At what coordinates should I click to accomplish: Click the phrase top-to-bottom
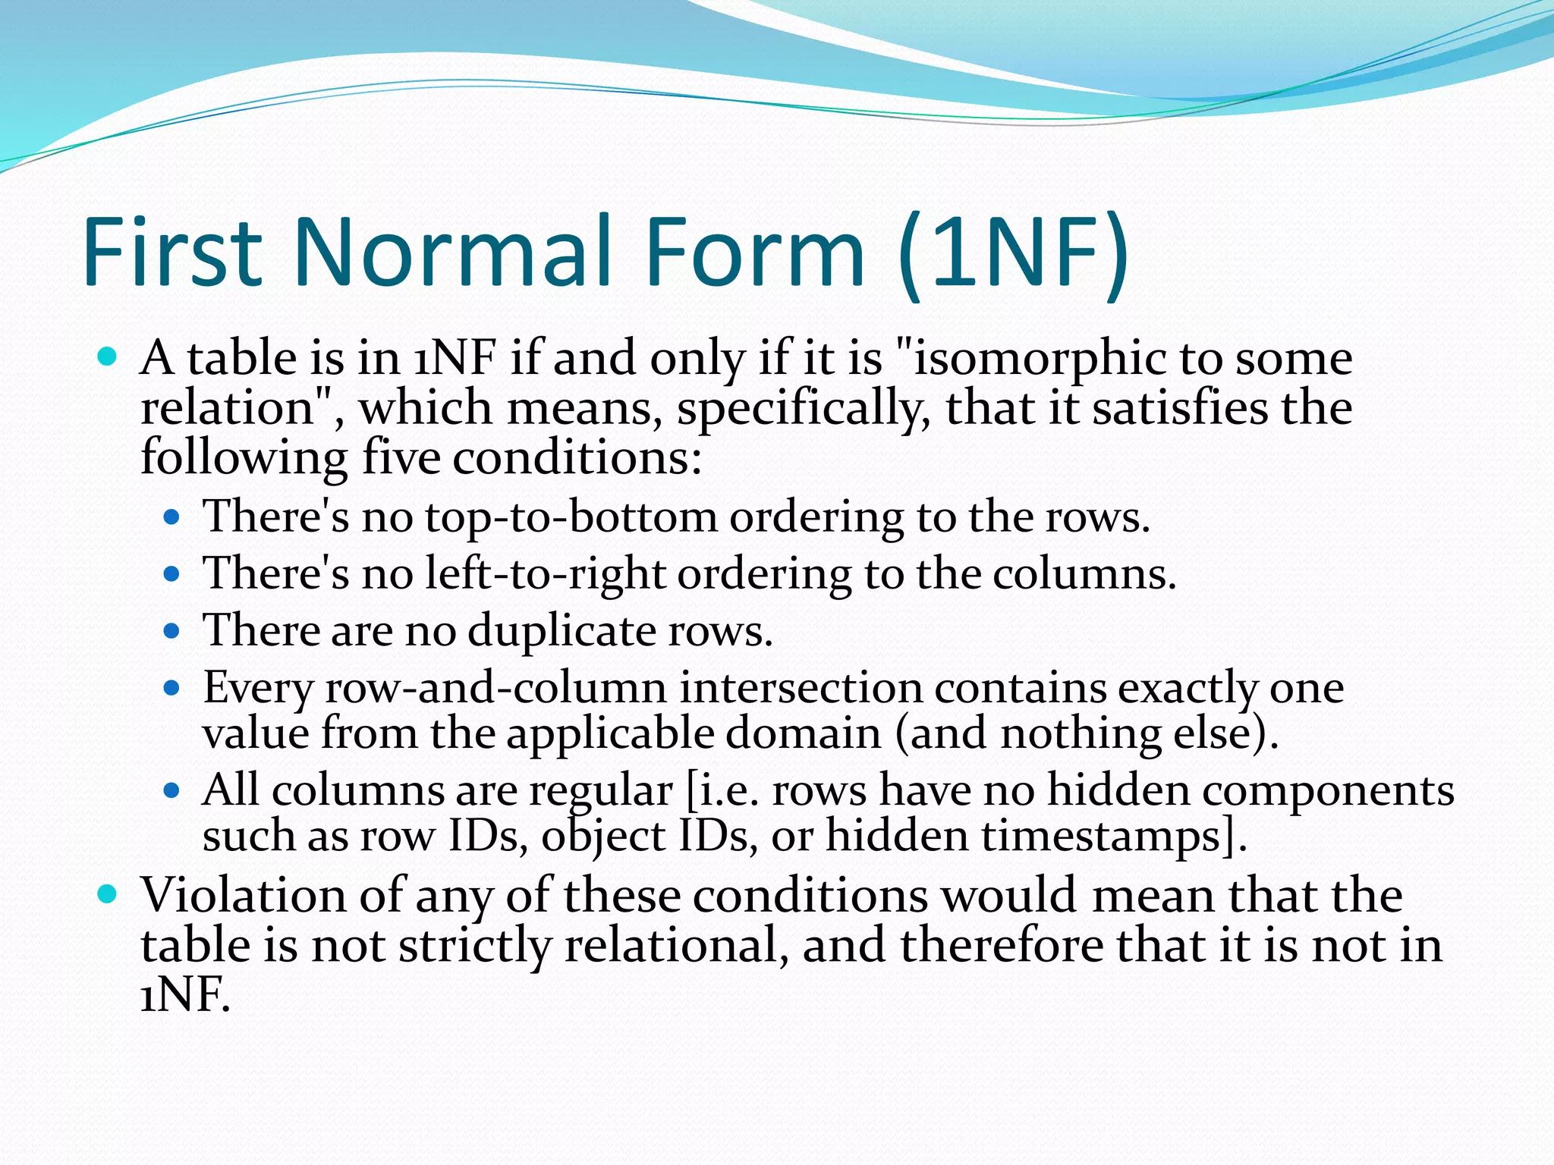pyautogui.click(x=571, y=517)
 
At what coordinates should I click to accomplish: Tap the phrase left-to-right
pyautogui.click(x=545, y=573)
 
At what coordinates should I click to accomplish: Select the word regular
pyautogui.click(x=601, y=791)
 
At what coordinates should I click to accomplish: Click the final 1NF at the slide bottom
pyautogui.click(x=184, y=994)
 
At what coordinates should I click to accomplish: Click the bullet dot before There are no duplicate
pyautogui.click(x=171, y=631)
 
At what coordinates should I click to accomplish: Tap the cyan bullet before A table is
pyautogui.click(x=108, y=357)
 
